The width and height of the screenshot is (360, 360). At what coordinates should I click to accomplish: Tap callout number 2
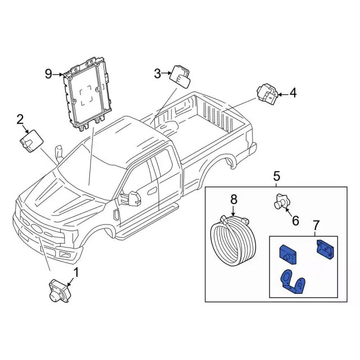20,119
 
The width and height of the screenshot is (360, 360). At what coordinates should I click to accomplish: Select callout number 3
157,73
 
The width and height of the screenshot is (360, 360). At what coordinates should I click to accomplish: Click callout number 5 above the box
277,177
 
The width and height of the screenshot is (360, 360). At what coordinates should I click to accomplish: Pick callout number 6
295,221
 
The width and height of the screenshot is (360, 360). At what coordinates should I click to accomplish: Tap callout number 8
234,199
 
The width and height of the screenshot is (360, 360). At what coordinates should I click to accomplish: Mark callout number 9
49,74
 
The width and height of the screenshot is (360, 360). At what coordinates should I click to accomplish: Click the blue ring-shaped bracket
294,281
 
